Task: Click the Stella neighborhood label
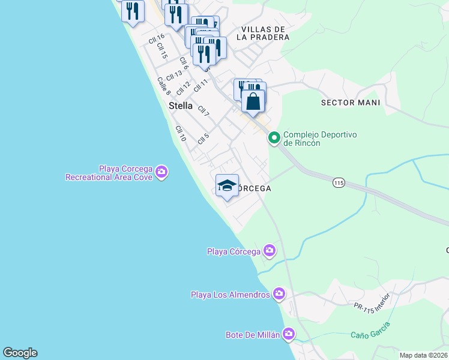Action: point(181,106)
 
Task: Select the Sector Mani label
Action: point(351,103)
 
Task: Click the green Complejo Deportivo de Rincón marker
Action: point(274,139)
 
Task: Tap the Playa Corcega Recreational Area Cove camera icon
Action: point(161,173)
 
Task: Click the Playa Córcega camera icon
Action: point(270,250)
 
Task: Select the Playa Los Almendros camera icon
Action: point(279,294)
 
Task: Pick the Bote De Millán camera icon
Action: point(289,334)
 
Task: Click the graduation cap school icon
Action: point(228,186)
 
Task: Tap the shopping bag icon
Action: point(253,101)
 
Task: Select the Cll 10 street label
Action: point(181,134)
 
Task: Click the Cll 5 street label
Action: point(203,139)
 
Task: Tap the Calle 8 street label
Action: point(164,86)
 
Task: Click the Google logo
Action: point(20,353)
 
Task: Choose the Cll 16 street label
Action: point(156,40)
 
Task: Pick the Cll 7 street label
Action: point(203,112)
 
